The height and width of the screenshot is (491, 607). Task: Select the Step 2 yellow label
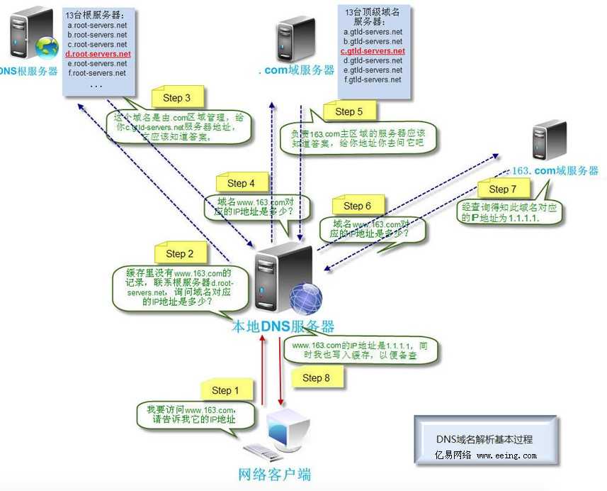coord(180,253)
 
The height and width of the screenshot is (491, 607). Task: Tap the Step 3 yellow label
coord(176,98)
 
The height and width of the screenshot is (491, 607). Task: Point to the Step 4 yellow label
coord(242,183)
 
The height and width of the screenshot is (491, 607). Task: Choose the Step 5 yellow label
coord(349,111)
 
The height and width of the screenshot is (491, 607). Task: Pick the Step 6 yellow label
coord(357,206)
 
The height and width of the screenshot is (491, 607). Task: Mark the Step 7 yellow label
coord(503,189)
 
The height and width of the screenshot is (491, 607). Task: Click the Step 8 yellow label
coord(317,377)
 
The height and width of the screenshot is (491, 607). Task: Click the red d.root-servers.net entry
coord(98,54)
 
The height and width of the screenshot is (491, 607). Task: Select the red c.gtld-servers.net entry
coord(373,51)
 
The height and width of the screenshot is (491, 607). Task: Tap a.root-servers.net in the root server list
coord(97,25)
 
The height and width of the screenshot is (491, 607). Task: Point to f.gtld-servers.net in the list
coord(373,79)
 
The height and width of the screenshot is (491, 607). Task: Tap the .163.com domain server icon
coord(550,140)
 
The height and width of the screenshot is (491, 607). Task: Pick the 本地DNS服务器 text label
coord(283,327)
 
